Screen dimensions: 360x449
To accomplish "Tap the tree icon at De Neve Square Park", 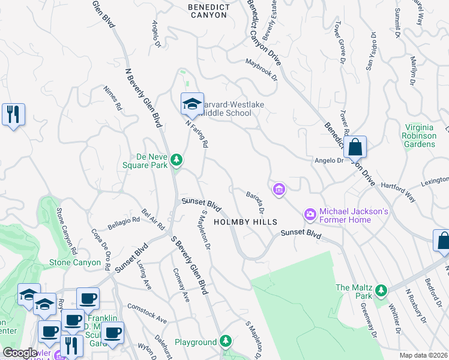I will (x=176, y=160).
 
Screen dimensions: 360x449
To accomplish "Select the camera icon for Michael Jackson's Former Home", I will (x=310, y=214).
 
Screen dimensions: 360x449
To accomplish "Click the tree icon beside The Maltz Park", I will (x=380, y=291).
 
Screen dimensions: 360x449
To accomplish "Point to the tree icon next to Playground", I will (x=225, y=341).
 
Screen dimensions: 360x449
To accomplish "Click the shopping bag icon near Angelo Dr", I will (x=355, y=146).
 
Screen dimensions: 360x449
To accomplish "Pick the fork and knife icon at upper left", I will (x=13, y=113).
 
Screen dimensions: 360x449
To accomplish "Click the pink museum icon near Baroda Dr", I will (x=279, y=190).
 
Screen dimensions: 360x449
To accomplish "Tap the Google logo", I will (x=20, y=353).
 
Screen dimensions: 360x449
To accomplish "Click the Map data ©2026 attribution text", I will (x=423, y=355).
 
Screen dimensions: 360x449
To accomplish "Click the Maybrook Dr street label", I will (x=262, y=69).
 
